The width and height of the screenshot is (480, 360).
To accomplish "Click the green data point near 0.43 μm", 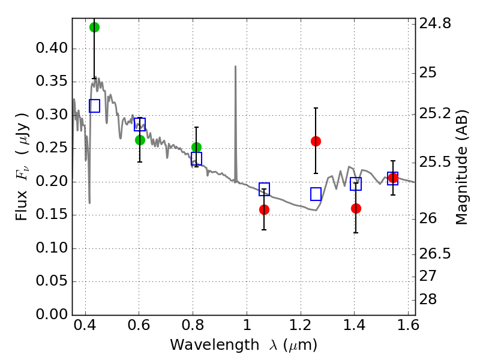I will point(94,27).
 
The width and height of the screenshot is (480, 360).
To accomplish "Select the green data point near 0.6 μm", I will point(140,140).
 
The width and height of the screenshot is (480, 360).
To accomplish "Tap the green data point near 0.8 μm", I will point(196,147).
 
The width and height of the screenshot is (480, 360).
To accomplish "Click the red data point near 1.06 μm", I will point(264,209).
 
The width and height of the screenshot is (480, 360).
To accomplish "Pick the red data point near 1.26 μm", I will point(316,141).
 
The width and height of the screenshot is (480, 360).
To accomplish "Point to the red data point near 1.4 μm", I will point(356,208).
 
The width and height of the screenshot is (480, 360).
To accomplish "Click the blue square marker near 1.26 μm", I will point(316,194).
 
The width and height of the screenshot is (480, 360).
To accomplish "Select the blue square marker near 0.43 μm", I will point(94,106).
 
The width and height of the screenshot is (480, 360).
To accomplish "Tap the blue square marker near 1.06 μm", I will point(264,189).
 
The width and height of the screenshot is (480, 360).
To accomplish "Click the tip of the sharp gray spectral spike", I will point(235,67).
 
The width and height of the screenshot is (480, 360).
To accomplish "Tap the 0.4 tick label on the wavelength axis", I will point(85,328).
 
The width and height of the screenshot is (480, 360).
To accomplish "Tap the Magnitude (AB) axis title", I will point(462,167).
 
